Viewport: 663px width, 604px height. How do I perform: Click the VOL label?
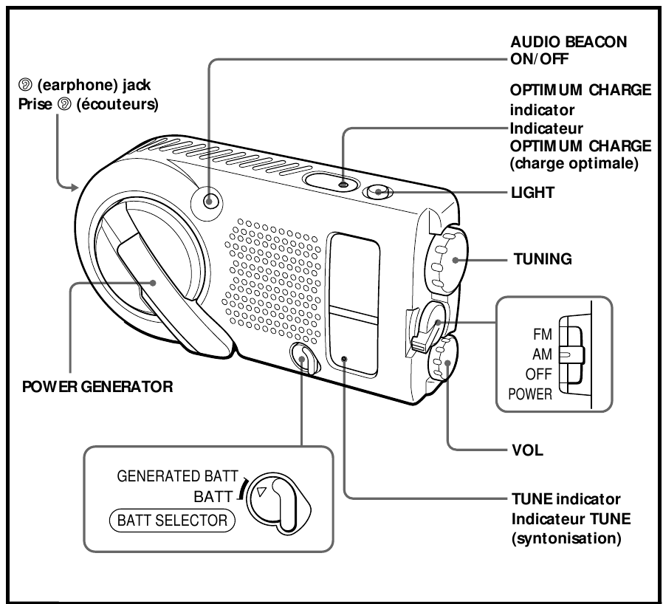pyautogui.click(x=528, y=450)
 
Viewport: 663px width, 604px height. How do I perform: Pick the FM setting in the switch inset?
pyautogui.click(x=542, y=333)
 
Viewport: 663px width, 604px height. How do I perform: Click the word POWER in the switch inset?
pyautogui.click(x=530, y=394)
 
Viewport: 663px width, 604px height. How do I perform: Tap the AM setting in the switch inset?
pyautogui.click(x=542, y=353)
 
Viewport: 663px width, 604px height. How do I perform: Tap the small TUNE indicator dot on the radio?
pyautogui.click(x=345, y=360)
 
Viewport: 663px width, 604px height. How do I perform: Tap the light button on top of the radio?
pyautogui.click(x=379, y=193)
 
